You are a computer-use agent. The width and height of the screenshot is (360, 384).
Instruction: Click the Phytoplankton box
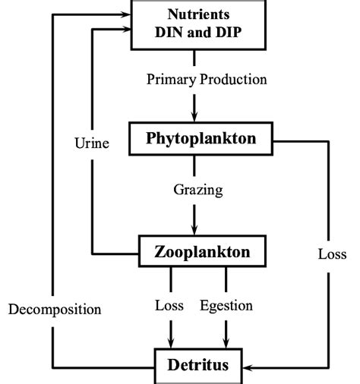[210, 140]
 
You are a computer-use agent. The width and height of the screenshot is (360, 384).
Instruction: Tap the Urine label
[92, 143]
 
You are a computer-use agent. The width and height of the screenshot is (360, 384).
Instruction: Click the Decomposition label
[55, 309]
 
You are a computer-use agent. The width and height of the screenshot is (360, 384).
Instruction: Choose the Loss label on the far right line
[332, 254]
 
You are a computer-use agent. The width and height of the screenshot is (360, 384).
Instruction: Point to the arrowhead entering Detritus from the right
[251, 367]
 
